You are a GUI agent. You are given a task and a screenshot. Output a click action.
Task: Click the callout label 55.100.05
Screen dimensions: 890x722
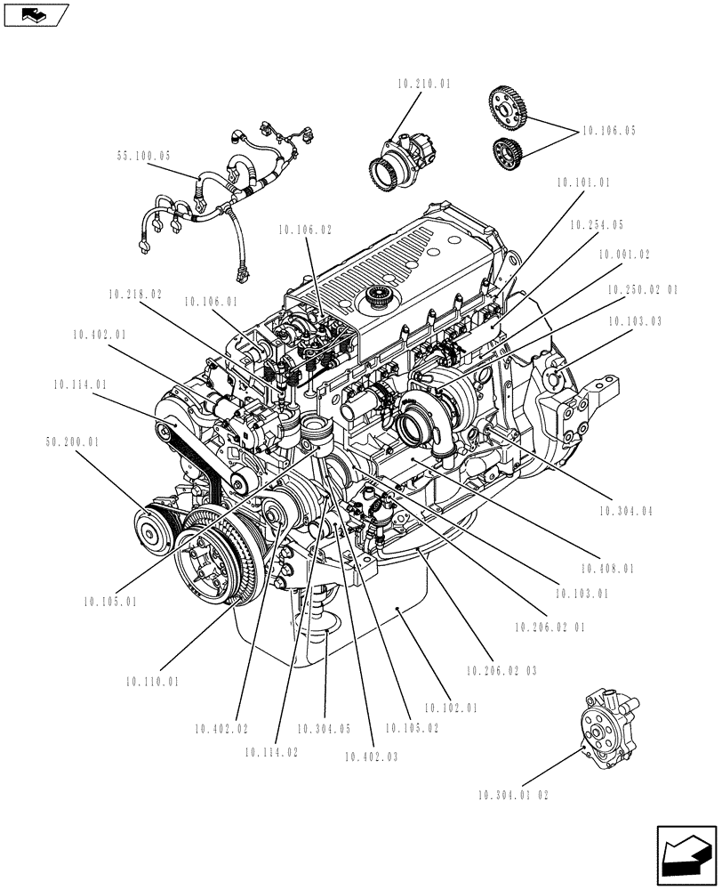click(143, 156)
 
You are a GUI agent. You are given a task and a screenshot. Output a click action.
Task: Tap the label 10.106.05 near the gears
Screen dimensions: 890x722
click(609, 131)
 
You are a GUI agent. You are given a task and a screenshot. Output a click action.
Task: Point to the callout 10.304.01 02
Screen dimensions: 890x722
click(513, 795)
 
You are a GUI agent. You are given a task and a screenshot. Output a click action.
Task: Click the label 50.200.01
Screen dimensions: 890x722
click(71, 441)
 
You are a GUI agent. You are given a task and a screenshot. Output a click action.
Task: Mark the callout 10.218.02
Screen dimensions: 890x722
click(135, 293)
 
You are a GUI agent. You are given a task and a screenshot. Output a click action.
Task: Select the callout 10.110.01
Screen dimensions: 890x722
click(152, 683)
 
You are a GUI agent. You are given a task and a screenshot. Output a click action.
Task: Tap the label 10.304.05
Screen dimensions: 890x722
click(324, 729)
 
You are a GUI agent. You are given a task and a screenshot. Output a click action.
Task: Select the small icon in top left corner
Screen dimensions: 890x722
click(35, 13)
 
